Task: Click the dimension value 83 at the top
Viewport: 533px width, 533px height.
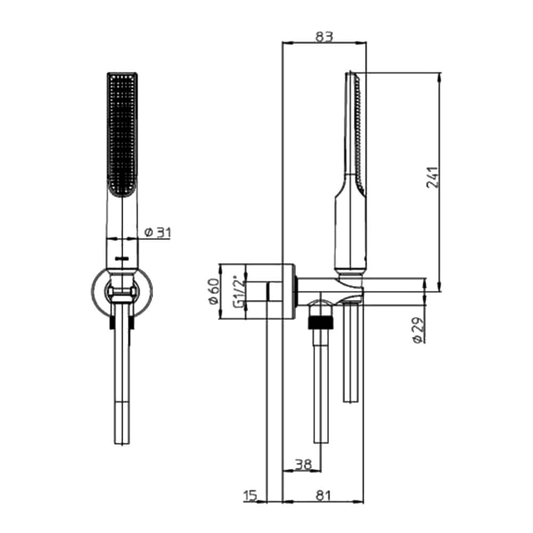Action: tap(324, 36)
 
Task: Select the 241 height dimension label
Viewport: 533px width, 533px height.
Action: tap(433, 177)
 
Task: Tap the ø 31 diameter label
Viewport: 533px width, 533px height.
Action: tap(157, 232)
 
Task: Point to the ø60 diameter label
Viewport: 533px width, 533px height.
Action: tap(214, 292)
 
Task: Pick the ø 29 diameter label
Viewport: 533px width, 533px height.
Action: tap(418, 330)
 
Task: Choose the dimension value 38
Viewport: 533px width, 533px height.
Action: tap(303, 464)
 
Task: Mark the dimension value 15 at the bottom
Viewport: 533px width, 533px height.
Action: tap(251, 496)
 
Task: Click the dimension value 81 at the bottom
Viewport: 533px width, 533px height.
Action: tap(323, 496)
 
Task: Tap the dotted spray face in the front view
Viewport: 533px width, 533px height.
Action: tap(122, 134)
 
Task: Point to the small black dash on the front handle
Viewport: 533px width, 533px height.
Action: tap(122, 259)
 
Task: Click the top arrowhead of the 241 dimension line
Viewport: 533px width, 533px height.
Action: tap(440, 77)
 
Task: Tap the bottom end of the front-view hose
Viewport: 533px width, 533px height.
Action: tap(122, 443)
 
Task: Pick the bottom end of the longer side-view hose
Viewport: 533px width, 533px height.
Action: tap(321, 442)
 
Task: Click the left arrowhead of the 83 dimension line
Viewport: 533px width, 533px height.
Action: tap(287, 43)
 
